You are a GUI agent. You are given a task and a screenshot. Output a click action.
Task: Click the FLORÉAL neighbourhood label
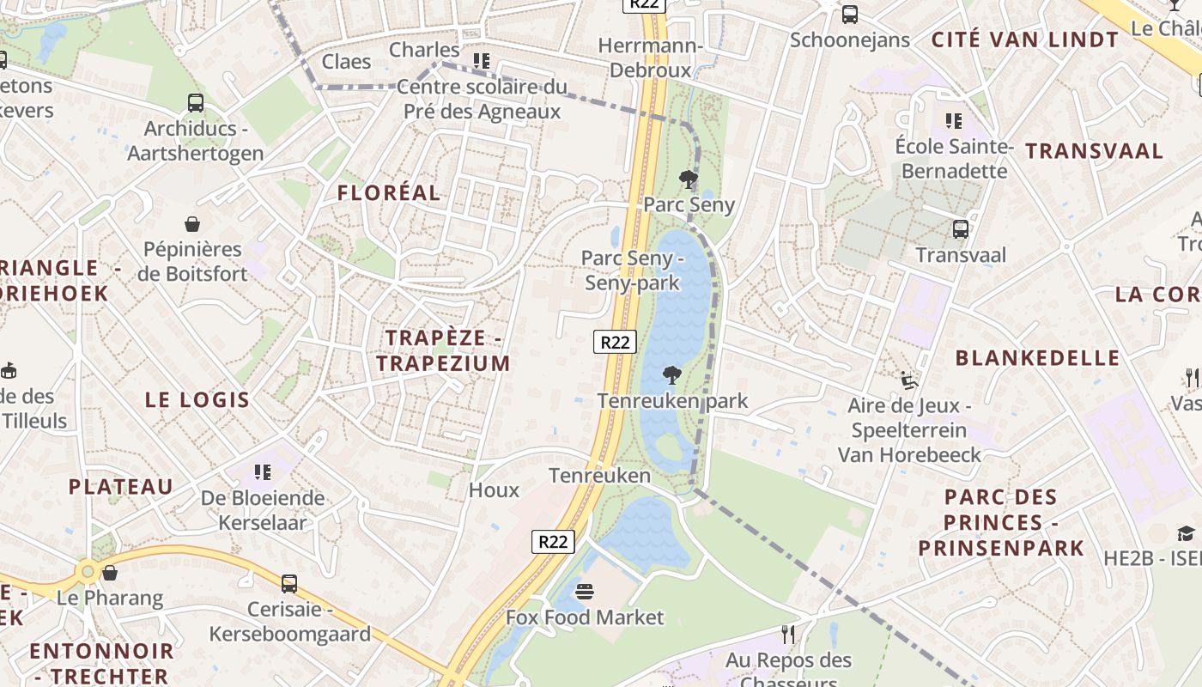tap(388, 193)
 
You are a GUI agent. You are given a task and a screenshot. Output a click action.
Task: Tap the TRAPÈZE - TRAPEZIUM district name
tap(443, 350)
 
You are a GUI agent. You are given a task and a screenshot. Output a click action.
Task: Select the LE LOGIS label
tap(197, 400)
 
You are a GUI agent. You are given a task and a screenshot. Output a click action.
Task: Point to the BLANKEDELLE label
tap(1037, 358)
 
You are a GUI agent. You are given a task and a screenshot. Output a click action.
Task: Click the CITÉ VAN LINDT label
tap(1025, 40)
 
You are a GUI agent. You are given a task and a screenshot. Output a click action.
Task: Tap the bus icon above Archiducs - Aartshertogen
tap(196, 103)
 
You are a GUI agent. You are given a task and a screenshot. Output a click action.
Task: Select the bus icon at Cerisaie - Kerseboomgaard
tap(289, 584)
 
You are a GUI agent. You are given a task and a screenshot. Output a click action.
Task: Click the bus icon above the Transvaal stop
tap(960, 229)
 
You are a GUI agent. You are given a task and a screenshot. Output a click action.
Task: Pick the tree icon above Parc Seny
tap(688, 179)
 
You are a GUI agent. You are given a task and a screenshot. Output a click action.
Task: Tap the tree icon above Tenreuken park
tap(672, 374)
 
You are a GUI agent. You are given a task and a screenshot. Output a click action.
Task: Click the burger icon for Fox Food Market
tap(585, 592)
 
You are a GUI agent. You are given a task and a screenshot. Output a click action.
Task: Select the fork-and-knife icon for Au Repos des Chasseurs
tap(788, 635)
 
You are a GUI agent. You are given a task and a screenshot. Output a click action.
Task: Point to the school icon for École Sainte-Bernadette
tap(953, 121)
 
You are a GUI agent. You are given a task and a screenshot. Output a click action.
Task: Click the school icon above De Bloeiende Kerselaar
tap(263, 472)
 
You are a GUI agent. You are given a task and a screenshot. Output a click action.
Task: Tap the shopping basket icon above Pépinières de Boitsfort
tap(192, 224)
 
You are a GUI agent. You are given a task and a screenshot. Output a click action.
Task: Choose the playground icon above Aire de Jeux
tap(908, 380)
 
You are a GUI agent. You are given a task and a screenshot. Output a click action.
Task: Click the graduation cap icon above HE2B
tap(1186, 533)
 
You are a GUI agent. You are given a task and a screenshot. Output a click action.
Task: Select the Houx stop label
tap(494, 490)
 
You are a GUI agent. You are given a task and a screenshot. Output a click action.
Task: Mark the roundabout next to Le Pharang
tap(87, 571)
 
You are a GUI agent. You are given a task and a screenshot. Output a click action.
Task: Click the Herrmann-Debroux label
tap(651, 58)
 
